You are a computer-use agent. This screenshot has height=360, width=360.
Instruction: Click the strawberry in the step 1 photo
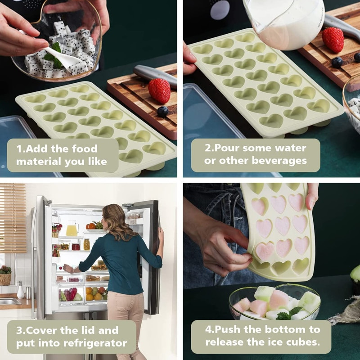[159, 90]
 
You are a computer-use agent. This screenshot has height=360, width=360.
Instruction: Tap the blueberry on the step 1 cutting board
[163, 112]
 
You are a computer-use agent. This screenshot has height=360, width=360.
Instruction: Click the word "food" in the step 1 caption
[85, 148]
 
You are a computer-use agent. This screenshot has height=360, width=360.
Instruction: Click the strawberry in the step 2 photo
[333, 40]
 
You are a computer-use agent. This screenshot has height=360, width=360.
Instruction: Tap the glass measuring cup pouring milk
[285, 23]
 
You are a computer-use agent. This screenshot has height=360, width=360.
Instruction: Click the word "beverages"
[279, 161]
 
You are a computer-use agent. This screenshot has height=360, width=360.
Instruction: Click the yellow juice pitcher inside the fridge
[72, 229]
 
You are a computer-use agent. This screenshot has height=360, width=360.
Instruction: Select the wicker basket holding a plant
[5, 279]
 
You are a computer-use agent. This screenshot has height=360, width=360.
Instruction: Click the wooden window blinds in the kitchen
[13, 218]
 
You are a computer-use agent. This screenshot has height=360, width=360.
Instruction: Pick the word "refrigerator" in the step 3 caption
[95, 343]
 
